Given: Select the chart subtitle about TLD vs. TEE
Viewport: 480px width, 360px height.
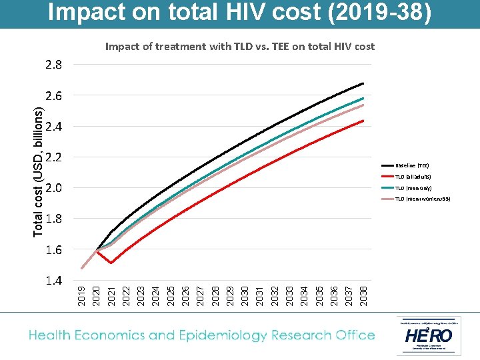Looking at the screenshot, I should (x=240, y=47).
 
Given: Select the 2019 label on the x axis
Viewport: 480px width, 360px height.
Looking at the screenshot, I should (x=81, y=295).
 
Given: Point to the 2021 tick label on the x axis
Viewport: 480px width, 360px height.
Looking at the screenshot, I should (x=111, y=295).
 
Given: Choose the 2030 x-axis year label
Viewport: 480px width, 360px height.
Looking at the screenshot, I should (x=245, y=295).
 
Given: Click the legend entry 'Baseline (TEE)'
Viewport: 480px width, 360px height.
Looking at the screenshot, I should (x=412, y=165).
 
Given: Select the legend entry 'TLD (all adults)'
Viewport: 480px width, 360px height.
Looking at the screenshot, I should (x=413, y=177).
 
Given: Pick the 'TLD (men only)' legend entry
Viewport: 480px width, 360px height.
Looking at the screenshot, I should (x=413, y=188).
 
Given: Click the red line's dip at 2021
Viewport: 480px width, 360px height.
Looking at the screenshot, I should (x=111, y=263).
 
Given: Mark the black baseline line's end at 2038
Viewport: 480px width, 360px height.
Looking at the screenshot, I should (x=363, y=83).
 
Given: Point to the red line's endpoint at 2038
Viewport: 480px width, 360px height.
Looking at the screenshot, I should (x=363, y=121).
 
